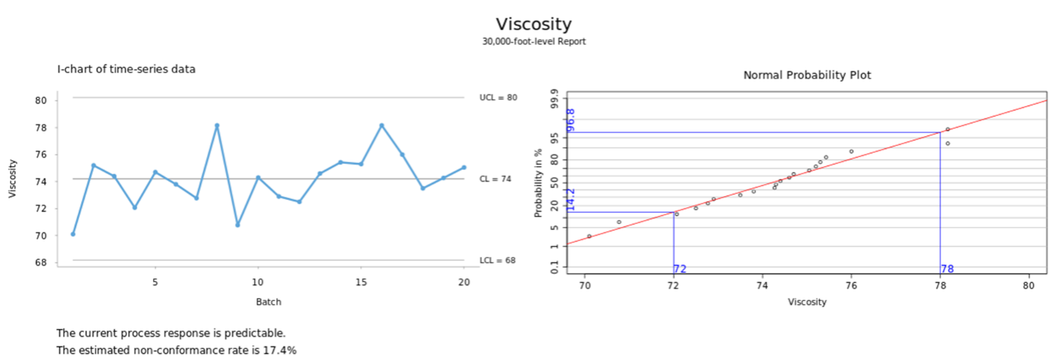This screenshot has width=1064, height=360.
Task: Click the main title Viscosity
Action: pos(533,24)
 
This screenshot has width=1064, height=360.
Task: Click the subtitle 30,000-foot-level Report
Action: pos(533,42)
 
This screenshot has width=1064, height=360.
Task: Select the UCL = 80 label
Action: pos(498,97)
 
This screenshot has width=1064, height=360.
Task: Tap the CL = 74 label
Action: pos(495,179)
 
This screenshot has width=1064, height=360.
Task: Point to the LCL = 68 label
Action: pos(497,260)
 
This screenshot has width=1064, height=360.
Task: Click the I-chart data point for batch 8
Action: pos(217,126)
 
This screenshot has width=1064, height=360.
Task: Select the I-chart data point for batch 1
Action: pos(73,234)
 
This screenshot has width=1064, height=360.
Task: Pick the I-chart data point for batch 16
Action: pos(381,126)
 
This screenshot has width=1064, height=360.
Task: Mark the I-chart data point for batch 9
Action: pos(237,224)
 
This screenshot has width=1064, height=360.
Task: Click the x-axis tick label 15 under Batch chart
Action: pos(361,282)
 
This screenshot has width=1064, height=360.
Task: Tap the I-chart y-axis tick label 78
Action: pos(41,128)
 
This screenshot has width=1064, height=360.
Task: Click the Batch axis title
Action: pos(268,301)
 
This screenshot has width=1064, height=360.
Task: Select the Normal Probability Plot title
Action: pos(807,75)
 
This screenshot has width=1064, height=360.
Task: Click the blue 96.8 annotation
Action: pos(571,119)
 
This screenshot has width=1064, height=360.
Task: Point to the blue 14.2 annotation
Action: pos(571,200)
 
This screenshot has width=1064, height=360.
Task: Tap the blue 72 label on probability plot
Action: pos(680,269)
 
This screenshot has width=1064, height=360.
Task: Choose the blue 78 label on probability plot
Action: pos(947,269)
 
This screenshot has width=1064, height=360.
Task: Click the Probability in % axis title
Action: pos(539,183)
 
